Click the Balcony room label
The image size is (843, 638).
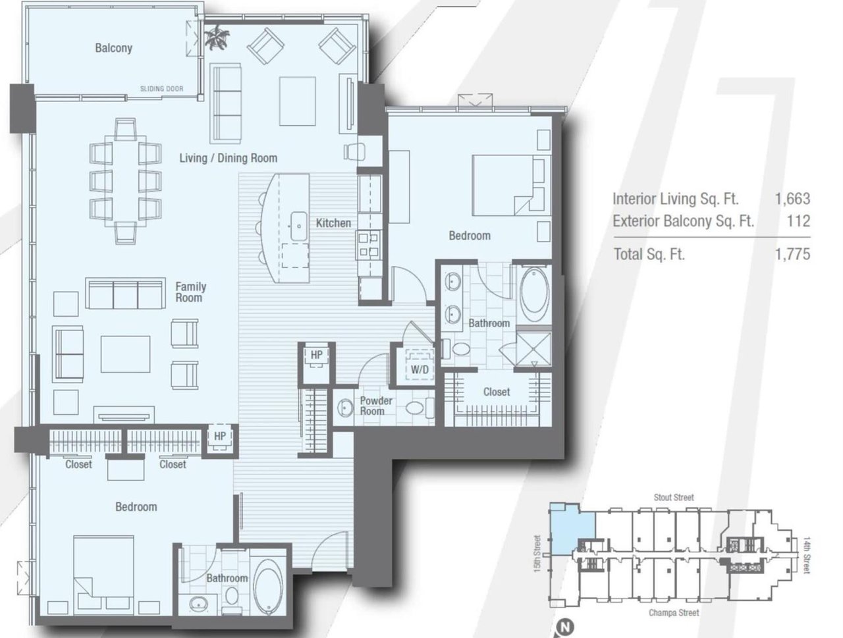(113, 48)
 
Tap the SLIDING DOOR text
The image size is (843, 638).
(161, 89)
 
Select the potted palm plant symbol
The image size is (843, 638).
(217, 38)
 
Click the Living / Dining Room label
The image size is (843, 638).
(228, 158)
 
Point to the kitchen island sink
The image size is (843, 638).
(298, 226)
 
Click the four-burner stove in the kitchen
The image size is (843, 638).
(368, 244)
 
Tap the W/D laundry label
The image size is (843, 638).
(420, 369)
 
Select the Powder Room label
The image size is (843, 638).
(375, 406)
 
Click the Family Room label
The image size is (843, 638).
(190, 292)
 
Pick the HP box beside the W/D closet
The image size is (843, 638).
(316, 356)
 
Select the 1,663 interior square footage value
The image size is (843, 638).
(792, 199)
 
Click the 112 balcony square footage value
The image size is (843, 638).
(798, 221)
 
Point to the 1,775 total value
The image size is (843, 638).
(792, 253)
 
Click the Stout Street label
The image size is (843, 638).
(674, 498)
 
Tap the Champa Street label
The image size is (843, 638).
(674, 613)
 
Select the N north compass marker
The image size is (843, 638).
(565, 627)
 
